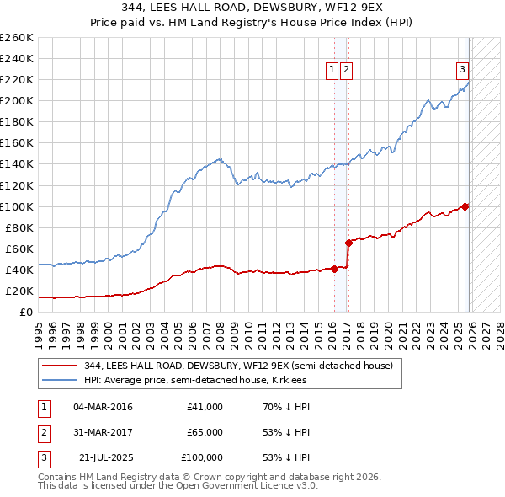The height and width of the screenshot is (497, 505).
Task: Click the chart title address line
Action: click(x=252, y=8)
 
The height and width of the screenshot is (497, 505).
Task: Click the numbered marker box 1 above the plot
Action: click(x=332, y=70)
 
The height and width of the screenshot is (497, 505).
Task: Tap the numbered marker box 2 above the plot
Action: click(x=347, y=70)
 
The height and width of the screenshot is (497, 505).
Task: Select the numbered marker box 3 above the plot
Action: click(x=462, y=70)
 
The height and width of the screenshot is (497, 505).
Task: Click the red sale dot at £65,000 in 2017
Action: click(x=348, y=243)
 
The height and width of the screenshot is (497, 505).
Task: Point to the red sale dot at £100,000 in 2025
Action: click(x=465, y=206)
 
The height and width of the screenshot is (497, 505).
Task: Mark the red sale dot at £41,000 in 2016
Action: click(x=334, y=269)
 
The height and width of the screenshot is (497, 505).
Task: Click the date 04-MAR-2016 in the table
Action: click(x=103, y=407)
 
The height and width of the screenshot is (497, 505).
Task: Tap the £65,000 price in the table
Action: click(x=205, y=432)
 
